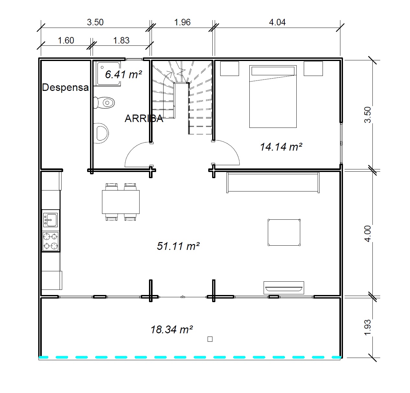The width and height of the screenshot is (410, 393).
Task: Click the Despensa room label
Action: coord(65,87)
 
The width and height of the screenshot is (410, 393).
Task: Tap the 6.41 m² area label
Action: coord(123,74)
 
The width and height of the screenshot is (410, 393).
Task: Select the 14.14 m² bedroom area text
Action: coord(281,147)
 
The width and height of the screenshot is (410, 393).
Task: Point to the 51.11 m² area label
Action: coord(178,246)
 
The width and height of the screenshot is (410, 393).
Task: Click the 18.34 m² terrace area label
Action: coord(172,330)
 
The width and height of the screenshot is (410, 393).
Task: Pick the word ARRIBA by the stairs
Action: coord(144,118)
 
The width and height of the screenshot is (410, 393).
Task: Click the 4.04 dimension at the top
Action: coord(277,22)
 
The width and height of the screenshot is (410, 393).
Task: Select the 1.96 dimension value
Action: coord(182,22)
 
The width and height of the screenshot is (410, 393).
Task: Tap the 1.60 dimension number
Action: coord(66,40)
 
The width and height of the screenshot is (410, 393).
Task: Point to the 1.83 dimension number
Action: coord(121,40)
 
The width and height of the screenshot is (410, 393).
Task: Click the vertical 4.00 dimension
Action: coord(368,234)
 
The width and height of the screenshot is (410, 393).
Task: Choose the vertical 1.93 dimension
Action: coord(368,327)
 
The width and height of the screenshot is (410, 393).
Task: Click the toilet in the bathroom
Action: coord(104,103)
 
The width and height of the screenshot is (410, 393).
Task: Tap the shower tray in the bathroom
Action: coord(107,73)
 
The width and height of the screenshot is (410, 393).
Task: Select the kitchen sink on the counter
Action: coord(50,220)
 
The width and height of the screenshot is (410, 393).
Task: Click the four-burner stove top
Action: coord(51,241)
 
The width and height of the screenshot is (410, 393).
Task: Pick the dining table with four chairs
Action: coord(121,202)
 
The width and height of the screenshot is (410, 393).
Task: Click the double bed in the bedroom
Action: coord(273,96)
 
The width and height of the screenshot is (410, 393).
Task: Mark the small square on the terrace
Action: coord(210,339)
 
